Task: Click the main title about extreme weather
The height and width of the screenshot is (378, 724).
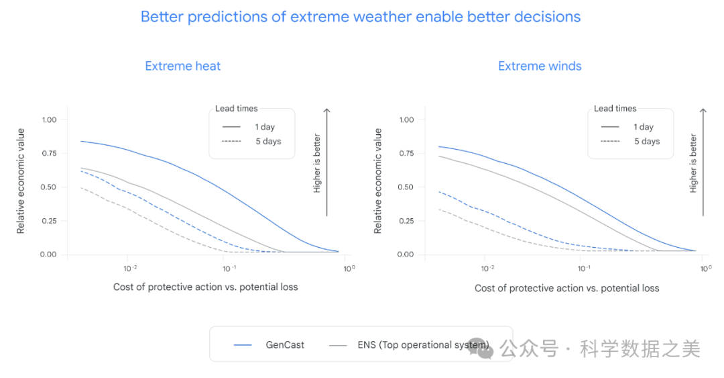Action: tap(361, 17)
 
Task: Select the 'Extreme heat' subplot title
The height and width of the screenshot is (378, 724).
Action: tap(182, 66)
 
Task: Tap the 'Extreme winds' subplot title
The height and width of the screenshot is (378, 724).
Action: tap(540, 66)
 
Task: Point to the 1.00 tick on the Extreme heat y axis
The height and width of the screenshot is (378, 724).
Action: tap(49, 120)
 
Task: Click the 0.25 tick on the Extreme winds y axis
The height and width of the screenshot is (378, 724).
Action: tap(406, 221)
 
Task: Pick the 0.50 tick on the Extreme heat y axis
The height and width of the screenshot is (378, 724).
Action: tap(49, 187)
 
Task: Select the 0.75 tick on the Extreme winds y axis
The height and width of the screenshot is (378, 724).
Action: tap(406, 153)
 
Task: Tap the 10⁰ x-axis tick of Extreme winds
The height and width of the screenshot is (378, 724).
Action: tap(705, 269)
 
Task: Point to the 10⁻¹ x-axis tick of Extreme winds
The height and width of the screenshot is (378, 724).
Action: tap(584, 269)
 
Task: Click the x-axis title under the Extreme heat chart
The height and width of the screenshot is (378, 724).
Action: tap(205, 287)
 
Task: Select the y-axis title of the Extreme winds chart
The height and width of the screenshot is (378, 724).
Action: tap(378, 181)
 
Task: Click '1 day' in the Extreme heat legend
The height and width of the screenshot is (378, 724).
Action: tap(264, 127)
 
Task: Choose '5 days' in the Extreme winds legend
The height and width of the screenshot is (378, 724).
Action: tap(647, 142)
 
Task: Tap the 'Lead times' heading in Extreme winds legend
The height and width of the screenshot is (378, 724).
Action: tap(615, 108)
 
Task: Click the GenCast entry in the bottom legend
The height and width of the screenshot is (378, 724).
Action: tap(285, 345)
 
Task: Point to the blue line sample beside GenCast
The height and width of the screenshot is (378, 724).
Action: tap(243, 345)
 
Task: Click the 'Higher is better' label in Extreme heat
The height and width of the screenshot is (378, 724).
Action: tap(317, 164)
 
